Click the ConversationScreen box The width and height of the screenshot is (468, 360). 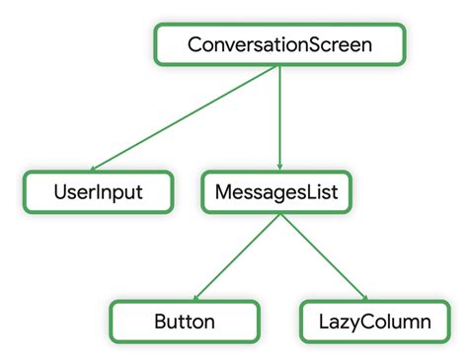pos(279,45)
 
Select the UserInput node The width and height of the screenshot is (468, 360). pos(98,191)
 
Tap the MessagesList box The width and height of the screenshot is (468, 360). pos(276,191)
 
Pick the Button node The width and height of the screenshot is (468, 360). pos(185,322)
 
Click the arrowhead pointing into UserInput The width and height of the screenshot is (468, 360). pos(97,168)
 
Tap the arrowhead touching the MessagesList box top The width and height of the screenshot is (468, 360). pos(280,168)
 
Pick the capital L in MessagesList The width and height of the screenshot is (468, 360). pos(315,191)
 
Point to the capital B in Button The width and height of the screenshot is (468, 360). pos(162,322)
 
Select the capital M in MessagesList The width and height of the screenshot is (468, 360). pos(223,191)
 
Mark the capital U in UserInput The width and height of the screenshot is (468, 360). pos(60,191)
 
